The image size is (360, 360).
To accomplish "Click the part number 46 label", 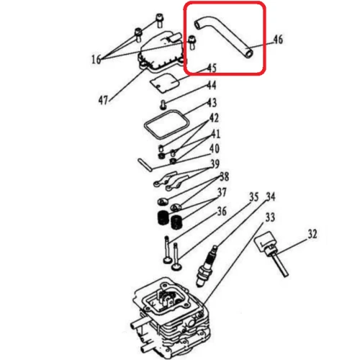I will coord(278,40).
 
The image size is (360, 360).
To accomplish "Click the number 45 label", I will coord(211,68).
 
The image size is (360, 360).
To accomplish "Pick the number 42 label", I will coord(215,118).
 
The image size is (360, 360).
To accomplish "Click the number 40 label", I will coord(215,150).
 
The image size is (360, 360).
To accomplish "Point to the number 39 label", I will coord(215,165).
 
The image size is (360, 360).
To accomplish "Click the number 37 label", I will coord(222,193).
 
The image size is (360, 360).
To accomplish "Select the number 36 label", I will coord(222,211).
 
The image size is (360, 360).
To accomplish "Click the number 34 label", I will coord(271,196).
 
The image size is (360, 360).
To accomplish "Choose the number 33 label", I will coord(271,216).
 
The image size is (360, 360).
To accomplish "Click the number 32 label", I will coord(312,233).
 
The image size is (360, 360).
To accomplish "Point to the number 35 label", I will coord(253,196).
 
